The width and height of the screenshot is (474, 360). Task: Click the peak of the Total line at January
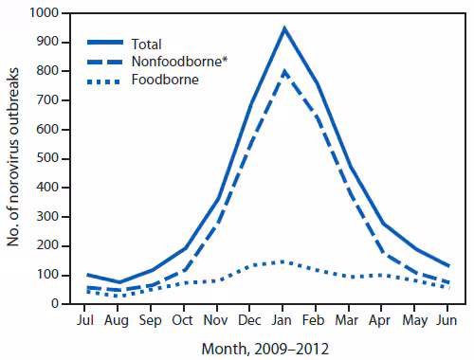pyautogui.click(x=283, y=28)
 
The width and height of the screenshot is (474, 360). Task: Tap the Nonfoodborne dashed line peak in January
pyautogui.click(x=283, y=71)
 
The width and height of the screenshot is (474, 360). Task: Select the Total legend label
pyautogui.click(x=148, y=44)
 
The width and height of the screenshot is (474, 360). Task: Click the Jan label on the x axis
pyautogui.click(x=283, y=319)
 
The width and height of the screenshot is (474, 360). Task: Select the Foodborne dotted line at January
pyautogui.click(x=283, y=261)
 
